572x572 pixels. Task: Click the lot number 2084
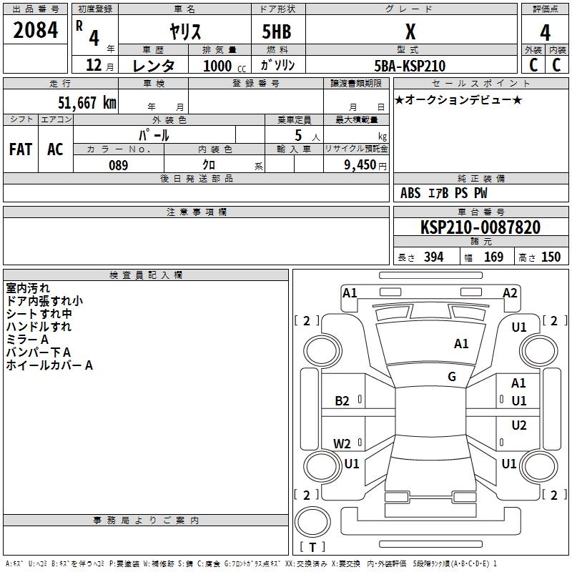coord(35,30)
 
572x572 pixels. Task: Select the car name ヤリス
coord(185,31)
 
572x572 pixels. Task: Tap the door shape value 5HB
coord(277,31)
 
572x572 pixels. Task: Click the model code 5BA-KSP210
coord(410,66)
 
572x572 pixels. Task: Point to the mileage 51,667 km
coord(87,102)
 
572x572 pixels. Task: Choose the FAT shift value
coord(21,149)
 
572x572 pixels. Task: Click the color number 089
coord(118,165)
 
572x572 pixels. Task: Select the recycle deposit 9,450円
coord(365,165)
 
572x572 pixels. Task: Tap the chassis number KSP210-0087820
coord(480,227)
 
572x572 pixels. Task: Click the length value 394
coord(433,257)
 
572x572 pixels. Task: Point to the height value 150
coord(551,257)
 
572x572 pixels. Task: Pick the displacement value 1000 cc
coord(225,66)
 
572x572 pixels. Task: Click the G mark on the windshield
coord(452,377)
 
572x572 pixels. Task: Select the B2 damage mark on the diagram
coord(342,401)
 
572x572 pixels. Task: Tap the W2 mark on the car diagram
coord(342,443)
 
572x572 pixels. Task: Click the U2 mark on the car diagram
coord(519,425)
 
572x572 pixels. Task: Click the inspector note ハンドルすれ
coord(39,327)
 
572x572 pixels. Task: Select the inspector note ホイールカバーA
coord(49,365)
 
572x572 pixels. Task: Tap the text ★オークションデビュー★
coord(458,99)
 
